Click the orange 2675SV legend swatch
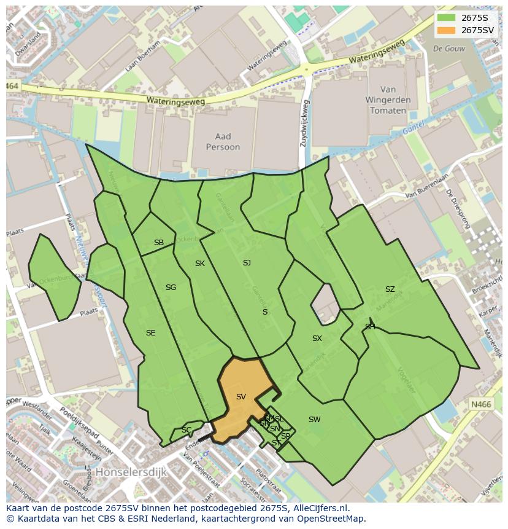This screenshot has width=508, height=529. point(447,30)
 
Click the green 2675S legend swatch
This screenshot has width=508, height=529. point(447,17)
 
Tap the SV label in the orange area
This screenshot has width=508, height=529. point(241,397)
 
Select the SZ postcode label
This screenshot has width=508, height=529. point(390,289)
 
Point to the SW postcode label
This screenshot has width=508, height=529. point(314,420)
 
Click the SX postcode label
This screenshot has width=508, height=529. point(317,339)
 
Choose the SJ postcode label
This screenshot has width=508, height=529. point(247,263)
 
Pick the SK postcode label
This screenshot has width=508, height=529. point(199,264)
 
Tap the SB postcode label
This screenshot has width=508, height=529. point(159,243)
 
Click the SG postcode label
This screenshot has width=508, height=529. point(171,288)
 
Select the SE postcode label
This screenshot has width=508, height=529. point(150,333)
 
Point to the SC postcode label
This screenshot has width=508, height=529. point(187,430)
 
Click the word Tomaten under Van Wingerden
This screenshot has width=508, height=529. point(388,111)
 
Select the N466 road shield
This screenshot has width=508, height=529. point(482,404)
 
